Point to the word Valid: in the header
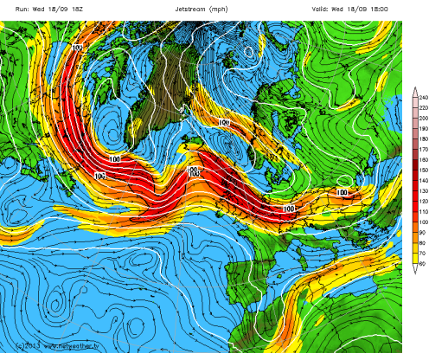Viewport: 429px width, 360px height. (323, 8)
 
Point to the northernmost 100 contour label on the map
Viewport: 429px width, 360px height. (79, 47)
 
